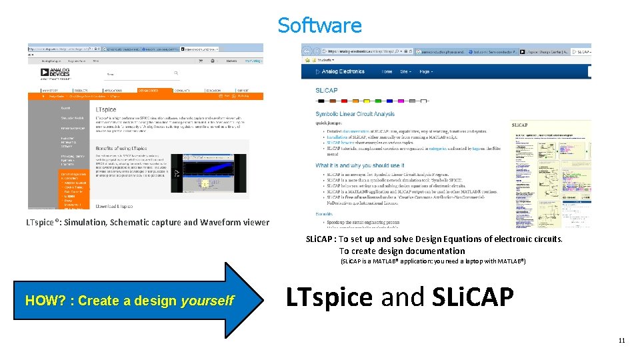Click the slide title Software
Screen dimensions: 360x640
coord(319,25)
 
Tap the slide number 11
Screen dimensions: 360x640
coord(621,341)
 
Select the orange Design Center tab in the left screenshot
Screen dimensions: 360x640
coord(149,90)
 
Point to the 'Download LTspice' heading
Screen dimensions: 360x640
coord(114,207)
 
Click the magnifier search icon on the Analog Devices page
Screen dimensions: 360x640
coord(176,73)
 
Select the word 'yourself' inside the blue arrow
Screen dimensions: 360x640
coord(207,301)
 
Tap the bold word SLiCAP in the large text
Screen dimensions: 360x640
coord(473,297)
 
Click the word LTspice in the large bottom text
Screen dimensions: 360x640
coord(329,297)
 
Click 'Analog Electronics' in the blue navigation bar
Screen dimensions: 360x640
coord(343,71)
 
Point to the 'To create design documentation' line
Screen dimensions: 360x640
coord(402,251)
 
